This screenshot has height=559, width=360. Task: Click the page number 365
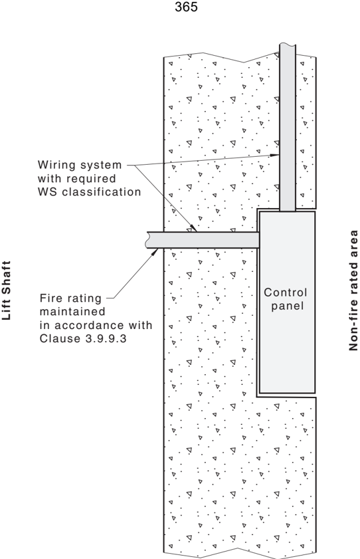[x=186, y=7]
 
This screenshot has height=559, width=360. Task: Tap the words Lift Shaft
[x=7, y=290]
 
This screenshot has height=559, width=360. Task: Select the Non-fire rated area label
[x=353, y=290]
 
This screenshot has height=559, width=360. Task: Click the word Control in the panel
[x=285, y=292]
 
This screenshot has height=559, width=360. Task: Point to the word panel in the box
[x=288, y=306]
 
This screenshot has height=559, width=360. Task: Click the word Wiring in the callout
[x=56, y=166]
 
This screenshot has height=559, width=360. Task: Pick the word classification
[x=102, y=192]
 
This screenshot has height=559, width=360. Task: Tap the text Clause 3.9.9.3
[x=83, y=338]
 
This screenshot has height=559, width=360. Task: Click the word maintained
[x=72, y=312]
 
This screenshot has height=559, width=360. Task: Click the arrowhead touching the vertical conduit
[x=275, y=155]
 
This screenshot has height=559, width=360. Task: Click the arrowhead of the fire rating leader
[x=154, y=252]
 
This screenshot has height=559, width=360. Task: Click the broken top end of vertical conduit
[x=288, y=45]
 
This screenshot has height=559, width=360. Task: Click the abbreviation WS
[x=48, y=192]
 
